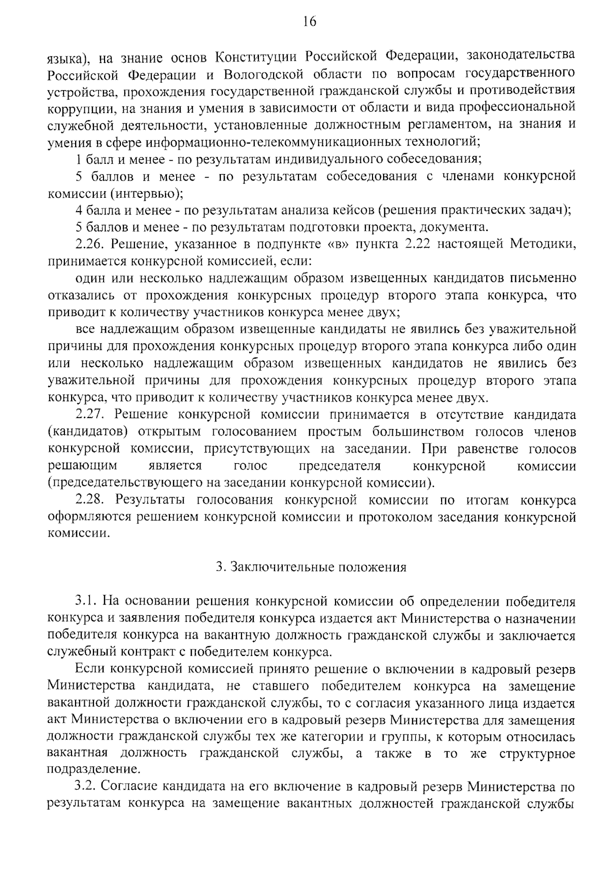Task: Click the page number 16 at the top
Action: click(x=310, y=21)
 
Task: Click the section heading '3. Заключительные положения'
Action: click(x=311, y=567)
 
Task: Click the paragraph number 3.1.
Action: click(x=86, y=602)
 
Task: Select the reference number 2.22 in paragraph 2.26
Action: click(x=417, y=244)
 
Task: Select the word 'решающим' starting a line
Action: click(x=82, y=466)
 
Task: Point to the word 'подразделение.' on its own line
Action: click(x=93, y=769)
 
